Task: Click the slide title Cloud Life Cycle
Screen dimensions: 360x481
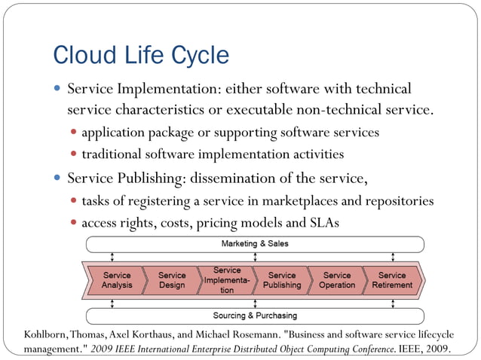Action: click(x=140, y=55)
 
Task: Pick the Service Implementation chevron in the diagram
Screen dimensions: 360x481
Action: click(x=226, y=280)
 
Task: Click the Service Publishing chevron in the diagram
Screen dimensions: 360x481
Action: click(x=282, y=280)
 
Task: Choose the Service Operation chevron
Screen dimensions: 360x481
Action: click(x=337, y=280)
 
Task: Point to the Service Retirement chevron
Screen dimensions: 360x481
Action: click(x=392, y=280)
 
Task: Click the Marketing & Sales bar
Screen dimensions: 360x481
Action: click(x=255, y=244)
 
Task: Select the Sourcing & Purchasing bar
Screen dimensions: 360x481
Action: click(x=255, y=316)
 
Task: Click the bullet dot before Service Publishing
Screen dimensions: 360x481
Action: click(x=58, y=179)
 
